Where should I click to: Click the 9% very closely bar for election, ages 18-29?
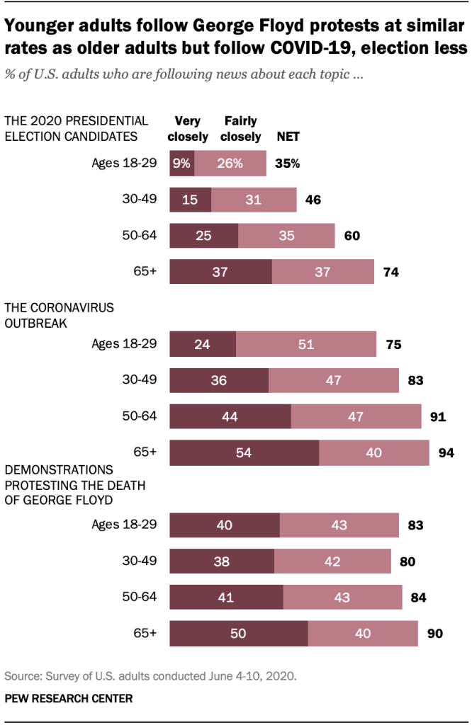point(182,164)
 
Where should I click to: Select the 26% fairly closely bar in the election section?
point(230,164)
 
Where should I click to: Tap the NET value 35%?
point(287,164)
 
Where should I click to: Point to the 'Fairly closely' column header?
point(240,129)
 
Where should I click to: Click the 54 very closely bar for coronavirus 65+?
point(244,452)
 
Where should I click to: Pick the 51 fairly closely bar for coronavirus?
point(305,345)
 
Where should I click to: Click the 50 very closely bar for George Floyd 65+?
point(238,633)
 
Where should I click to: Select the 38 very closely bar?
point(221,561)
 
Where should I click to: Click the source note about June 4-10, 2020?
point(150,675)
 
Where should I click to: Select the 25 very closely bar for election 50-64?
point(203,236)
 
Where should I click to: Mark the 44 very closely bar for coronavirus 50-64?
point(230,416)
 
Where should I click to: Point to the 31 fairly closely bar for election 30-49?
point(254,200)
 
